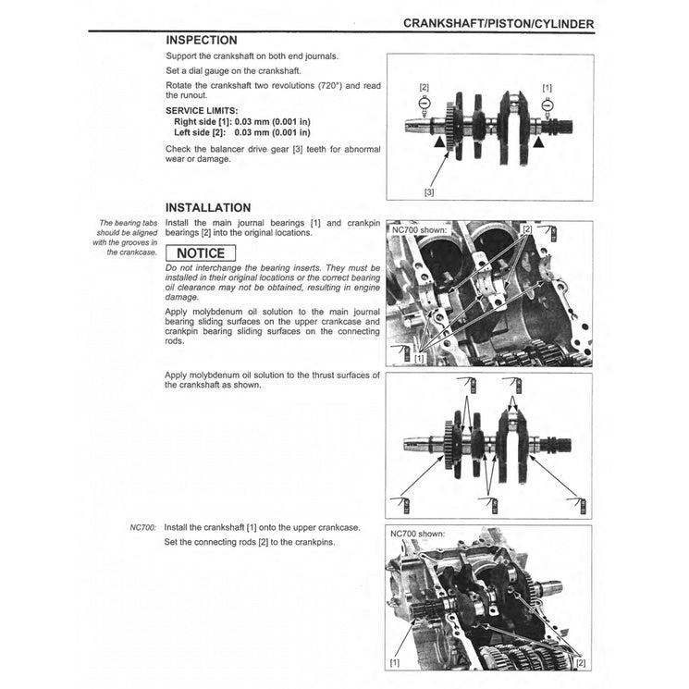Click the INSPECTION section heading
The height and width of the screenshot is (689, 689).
(x=201, y=41)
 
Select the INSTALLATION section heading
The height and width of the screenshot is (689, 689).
(x=207, y=208)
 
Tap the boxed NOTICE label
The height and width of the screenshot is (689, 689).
(x=201, y=252)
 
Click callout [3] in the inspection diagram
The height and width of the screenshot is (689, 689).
(x=429, y=191)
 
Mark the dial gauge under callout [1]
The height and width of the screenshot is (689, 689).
(x=547, y=105)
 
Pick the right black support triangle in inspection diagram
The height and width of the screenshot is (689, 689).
(x=538, y=144)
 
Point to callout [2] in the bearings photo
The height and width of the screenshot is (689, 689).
(x=527, y=228)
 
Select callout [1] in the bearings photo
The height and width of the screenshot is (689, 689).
(x=420, y=357)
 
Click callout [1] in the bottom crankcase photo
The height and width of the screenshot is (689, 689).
(x=396, y=663)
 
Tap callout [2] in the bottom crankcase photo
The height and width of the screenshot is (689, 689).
(x=580, y=663)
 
